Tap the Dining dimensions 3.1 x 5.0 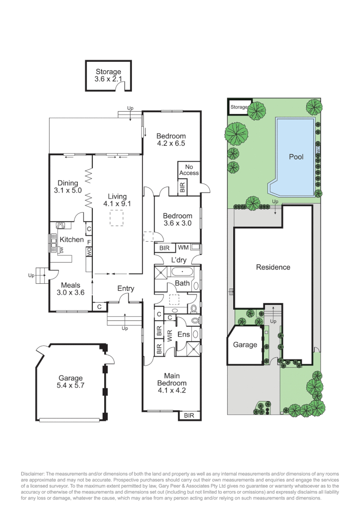click(x=68, y=191)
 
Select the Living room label click(x=117, y=197)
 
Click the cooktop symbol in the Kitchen click(x=61, y=225)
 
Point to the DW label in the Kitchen click(x=61, y=250)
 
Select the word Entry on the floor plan click(x=126, y=289)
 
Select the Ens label click(x=183, y=334)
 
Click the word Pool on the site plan click(x=296, y=157)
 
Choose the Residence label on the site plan click(x=273, y=267)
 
